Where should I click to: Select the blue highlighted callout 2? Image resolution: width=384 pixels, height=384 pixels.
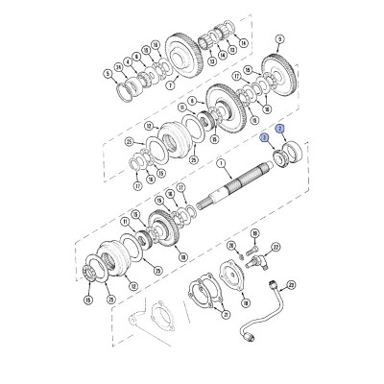(x=279, y=129)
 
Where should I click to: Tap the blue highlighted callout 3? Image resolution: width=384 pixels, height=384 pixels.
(x=263, y=138)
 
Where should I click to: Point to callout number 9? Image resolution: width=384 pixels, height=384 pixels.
(x=278, y=40)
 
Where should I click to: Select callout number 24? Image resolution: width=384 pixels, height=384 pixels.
(x=118, y=66)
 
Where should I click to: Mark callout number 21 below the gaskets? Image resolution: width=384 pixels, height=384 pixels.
(x=225, y=313)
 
